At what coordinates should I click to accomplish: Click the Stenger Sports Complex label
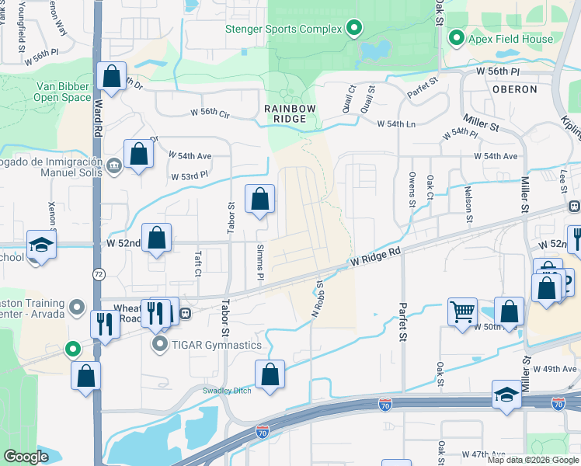pos(283,30)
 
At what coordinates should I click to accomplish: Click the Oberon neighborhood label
pos(514,89)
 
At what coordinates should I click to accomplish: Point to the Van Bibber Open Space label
pos(62,92)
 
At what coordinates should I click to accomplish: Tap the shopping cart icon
pos(462,311)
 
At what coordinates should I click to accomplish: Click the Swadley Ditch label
pos(228,391)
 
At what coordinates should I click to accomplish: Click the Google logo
pos(26,457)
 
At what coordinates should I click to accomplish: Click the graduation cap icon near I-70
pos(506,395)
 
